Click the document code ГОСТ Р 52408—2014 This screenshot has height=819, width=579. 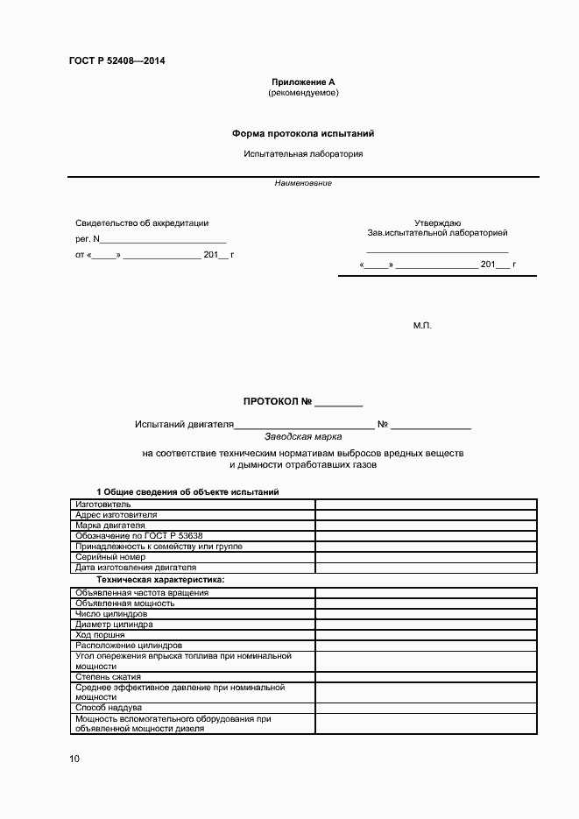[x=117, y=61]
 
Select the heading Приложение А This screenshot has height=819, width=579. [x=302, y=81]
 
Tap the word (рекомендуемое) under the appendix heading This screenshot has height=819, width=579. [x=302, y=92]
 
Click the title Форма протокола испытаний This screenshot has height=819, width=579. [x=302, y=134]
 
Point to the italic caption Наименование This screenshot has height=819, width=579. [x=302, y=183]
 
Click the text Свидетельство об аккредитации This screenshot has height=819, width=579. [x=142, y=223]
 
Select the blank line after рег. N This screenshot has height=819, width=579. [x=165, y=239]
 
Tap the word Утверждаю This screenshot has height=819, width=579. [x=437, y=223]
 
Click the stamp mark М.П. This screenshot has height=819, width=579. [x=422, y=325]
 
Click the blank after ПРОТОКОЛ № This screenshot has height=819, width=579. [x=338, y=403]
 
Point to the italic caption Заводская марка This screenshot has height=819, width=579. [x=303, y=435]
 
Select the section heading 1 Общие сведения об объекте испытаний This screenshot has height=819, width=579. [x=187, y=492]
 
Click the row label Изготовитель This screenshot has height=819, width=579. [x=103, y=505]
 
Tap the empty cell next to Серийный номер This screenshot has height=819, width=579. [x=426, y=557]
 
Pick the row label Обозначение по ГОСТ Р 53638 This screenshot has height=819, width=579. [x=139, y=536]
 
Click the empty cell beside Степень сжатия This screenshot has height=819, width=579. [x=426, y=677]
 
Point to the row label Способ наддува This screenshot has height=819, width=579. [x=109, y=707]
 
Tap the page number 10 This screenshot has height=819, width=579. [x=74, y=759]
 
